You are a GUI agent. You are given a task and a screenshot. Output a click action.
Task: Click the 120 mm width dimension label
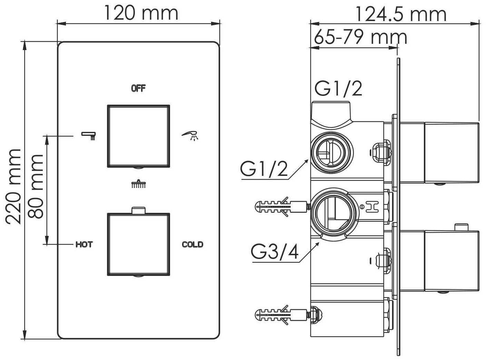pyautogui.click(x=141, y=13)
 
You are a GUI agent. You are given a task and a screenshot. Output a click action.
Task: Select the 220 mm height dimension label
pyautogui.click(x=13, y=187)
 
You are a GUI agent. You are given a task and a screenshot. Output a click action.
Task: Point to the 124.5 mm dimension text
pyautogui.click(x=400, y=14)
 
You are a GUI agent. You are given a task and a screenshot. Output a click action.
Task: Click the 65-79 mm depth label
pyautogui.click(x=360, y=38)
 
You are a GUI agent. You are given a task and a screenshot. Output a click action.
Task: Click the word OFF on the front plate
pyautogui.click(x=138, y=89)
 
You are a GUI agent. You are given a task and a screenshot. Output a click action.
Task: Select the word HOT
pyautogui.click(x=84, y=244)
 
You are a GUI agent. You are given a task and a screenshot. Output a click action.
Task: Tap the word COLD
pyautogui.click(x=192, y=244)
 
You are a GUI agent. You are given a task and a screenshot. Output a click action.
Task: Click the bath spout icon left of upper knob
pyautogui.click(x=89, y=136)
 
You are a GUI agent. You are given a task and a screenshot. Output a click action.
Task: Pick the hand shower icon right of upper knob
pyautogui.click(x=190, y=136)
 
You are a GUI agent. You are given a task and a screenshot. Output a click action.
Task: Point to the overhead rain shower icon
pyautogui.click(x=138, y=184)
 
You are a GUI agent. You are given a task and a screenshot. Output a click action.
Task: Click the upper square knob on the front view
pyautogui.click(x=138, y=136)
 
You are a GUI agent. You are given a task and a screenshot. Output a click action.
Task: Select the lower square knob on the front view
pyautogui.click(x=138, y=244)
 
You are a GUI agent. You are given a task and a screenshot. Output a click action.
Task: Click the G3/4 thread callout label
pyautogui.click(x=275, y=252)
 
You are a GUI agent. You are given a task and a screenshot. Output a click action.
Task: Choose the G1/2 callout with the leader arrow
pyautogui.click(x=264, y=168)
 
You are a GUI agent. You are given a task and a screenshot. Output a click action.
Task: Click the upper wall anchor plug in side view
pyautogui.click(x=282, y=207)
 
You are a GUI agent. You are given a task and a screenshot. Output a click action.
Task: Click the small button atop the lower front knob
pyautogui.click(x=138, y=210)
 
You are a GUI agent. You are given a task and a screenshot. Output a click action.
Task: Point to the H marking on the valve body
pyautogui.click(x=372, y=207)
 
